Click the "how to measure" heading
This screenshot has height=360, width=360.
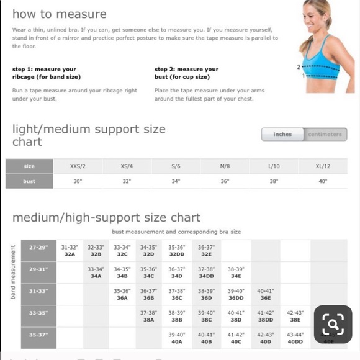(59, 14)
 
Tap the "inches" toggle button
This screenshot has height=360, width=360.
(282, 134)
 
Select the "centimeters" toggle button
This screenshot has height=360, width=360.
(325, 134)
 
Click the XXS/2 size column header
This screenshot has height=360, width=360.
(78, 166)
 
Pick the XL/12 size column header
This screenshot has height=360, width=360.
(322, 166)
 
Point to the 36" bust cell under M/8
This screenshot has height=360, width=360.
(225, 181)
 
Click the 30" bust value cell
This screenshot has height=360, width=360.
(78, 181)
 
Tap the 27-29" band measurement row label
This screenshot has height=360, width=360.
(38, 247)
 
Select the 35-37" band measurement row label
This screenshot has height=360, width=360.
(38, 335)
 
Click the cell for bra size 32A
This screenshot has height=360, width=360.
(70, 250)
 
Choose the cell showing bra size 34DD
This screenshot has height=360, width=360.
(206, 272)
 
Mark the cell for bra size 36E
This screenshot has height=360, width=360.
(265, 294)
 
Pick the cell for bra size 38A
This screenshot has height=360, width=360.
(148, 317)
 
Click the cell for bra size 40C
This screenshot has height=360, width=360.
(236, 338)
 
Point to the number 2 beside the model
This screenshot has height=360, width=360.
(299, 67)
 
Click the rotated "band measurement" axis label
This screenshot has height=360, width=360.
(12, 272)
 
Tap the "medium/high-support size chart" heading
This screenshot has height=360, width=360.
(106, 217)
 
